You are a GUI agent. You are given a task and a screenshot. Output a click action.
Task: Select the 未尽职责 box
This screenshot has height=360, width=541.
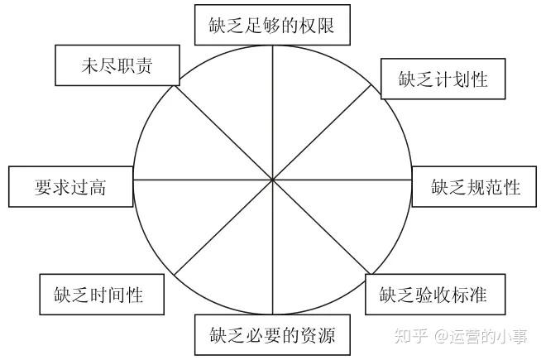point(116,66)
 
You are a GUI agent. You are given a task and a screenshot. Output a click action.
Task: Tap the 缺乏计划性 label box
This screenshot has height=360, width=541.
point(443,79)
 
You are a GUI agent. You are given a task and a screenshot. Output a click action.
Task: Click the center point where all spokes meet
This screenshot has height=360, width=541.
point(274,180)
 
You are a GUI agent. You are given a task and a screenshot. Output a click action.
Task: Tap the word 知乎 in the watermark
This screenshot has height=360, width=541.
point(411,336)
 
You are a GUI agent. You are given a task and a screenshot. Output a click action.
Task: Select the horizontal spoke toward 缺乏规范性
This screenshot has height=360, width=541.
point(347,180)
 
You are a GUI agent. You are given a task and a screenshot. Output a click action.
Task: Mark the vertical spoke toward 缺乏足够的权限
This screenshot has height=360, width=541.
point(274,108)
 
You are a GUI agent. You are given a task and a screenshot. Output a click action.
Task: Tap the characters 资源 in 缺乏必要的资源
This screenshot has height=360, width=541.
point(324,335)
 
